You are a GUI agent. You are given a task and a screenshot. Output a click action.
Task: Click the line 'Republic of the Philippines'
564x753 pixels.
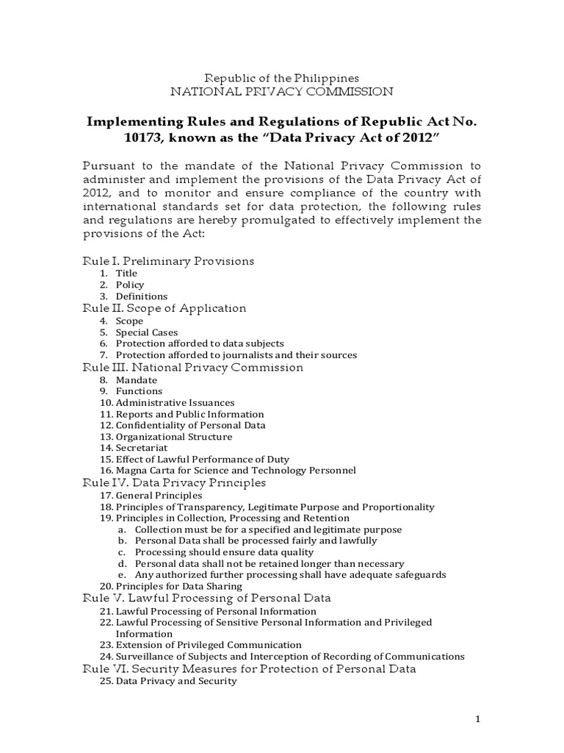[281, 77]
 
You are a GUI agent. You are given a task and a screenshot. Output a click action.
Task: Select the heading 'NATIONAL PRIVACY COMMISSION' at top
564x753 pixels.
[281, 92]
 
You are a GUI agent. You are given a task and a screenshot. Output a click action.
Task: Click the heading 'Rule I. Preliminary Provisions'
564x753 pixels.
[167, 260]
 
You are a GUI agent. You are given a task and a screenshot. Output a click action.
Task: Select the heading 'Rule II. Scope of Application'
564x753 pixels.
[164, 308]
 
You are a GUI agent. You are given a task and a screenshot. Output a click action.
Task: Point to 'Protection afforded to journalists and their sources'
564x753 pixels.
[236, 355]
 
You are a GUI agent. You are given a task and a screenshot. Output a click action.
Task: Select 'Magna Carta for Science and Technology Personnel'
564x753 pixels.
[236, 470]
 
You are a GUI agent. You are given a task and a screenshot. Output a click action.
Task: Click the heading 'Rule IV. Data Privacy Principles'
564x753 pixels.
[173, 482]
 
